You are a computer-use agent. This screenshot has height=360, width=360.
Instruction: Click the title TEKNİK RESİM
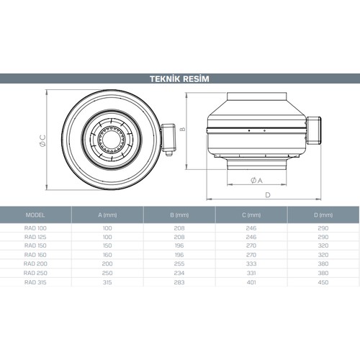coord(179,78)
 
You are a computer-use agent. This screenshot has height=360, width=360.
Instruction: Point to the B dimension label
coord(184,130)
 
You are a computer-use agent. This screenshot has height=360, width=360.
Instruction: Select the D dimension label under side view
coord(267,195)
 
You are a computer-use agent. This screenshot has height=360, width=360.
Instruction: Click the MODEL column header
coord(35,215)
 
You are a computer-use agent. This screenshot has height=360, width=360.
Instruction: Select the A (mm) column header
coord(107,215)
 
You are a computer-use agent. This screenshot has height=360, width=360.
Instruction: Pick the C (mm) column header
coord(251,215)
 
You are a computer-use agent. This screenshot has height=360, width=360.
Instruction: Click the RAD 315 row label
coord(35,283)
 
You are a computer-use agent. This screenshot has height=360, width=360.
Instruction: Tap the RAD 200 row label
coord(35,264)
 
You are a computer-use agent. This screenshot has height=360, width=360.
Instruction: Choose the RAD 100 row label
coord(35,228)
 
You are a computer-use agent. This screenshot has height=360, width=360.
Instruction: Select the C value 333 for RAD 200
coord(251,264)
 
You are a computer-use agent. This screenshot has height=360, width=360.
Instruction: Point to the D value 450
coord(323,283)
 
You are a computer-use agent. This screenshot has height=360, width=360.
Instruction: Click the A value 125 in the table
coord(107,237)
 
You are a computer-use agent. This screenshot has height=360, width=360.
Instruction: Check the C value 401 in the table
coord(251,283)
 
